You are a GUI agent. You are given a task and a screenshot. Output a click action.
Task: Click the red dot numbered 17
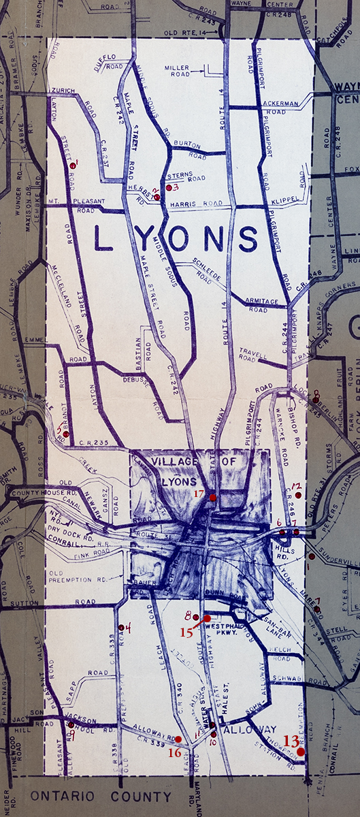click(x=213, y=498)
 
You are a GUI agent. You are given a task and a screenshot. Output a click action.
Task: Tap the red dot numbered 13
click(x=301, y=752)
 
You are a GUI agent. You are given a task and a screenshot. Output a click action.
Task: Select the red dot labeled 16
click(x=178, y=739)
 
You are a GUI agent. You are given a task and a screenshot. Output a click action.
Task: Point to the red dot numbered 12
click(x=298, y=495)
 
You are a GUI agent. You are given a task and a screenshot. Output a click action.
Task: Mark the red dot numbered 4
click(x=121, y=627)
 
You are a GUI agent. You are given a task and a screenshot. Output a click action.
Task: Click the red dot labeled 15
click(x=207, y=618)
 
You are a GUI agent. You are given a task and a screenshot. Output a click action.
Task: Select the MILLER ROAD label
click(x=182, y=70)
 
